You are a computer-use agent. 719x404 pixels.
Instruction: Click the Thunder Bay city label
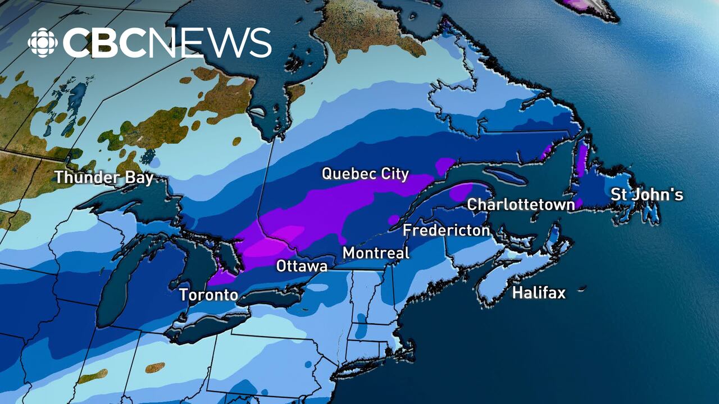pyautogui.click(x=104, y=178)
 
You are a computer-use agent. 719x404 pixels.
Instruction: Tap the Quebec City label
pyautogui.click(x=365, y=174)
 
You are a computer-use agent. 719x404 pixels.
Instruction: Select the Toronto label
pyautogui.click(x=208, y=295)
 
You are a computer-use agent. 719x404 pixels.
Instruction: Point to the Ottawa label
pyautogui.click(x=302, y=266)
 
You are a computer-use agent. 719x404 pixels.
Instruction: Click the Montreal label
pyautogui.click(x=376, y=253)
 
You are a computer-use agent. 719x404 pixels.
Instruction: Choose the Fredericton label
pyautogui.click(x=447, y=231)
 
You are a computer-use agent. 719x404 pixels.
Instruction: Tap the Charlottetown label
pyautogui.click(x=521, y=205)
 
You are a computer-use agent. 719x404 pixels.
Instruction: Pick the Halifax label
pyautogui.click(x=539, y=292)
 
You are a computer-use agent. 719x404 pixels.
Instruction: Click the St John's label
pyautogui.click(x=647, y=195)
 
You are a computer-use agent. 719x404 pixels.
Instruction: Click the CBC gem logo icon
pyautogui.click(x=43, y=43)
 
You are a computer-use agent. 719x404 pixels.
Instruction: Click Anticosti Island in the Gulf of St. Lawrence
pyautogui.click(x=506, y=176)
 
